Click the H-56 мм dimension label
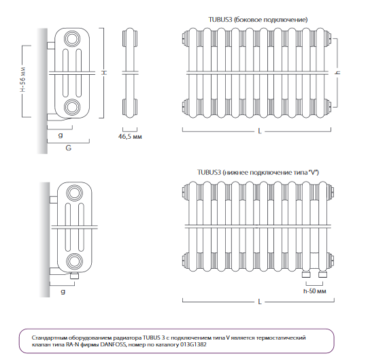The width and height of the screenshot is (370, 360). pos(23,80)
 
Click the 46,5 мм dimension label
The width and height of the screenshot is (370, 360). pos(130,136)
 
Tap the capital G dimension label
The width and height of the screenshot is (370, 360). pos(68,148)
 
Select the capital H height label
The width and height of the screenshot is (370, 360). pos(104,72)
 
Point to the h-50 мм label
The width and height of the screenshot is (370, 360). pos(314,291)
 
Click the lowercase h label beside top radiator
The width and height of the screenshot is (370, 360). pos(338,72)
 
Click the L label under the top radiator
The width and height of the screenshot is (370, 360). pos(260,131)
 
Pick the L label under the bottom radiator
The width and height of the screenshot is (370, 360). pos(260,301)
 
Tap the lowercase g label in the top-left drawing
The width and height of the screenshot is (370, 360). pos(61,135)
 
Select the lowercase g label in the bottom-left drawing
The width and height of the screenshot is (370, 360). pos(63,292)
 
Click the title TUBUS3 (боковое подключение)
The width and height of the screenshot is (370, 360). pos(258,20)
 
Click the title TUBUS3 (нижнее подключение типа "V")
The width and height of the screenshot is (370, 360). pos(258,172)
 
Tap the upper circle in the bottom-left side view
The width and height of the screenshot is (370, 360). pos(75,193)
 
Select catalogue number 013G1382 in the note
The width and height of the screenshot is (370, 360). pos(193,344)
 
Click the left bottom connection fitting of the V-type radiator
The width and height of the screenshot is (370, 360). pos(306,274)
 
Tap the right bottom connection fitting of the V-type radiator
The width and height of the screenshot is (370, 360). pos(322,274)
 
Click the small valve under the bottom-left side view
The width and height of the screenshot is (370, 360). pos(75,276)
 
